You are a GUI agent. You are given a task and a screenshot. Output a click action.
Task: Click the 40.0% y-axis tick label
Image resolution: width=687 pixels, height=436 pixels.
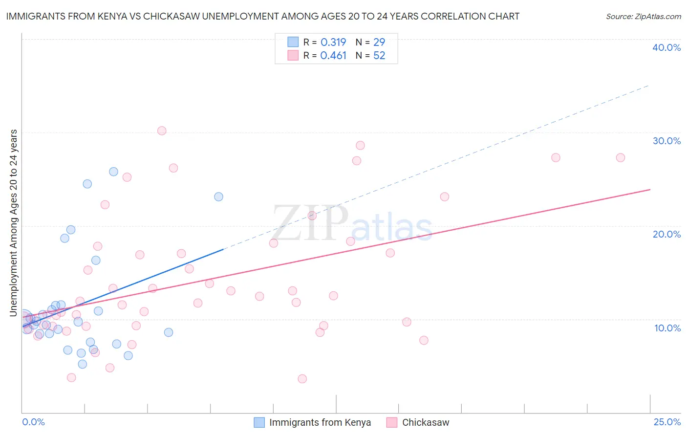(x=666, y=47)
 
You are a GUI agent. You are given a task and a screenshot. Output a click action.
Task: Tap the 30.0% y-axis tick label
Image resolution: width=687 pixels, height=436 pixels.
(x=666, y=141)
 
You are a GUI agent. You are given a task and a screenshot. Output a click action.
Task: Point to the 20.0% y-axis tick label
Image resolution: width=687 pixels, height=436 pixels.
(x=666, y=234)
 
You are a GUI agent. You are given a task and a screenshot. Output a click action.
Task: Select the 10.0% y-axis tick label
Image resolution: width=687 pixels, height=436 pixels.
(x=667, y=328)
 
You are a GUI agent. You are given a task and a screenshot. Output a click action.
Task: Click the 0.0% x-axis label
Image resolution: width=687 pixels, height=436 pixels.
(x=33, y=422)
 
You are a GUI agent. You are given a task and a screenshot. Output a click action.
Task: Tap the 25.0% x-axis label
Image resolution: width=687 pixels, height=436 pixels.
(x=667, y=422)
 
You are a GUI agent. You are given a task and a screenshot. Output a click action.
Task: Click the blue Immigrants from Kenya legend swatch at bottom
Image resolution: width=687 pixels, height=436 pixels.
(x=259, y=422)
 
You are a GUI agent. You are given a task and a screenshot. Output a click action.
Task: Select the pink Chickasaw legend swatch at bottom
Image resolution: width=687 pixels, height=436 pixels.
(x=392, y=422)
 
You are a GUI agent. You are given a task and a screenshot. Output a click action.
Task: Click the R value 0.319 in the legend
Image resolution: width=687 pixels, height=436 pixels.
(x=333, y=42)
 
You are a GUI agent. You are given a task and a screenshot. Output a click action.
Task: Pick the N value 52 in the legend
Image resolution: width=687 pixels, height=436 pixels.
(x=379, y=55)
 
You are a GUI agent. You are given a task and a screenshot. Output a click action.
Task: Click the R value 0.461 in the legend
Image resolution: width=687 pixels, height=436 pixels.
(x=333, y=55)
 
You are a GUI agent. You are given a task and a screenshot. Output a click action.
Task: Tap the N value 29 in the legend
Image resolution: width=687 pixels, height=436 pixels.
(x=379, y=42)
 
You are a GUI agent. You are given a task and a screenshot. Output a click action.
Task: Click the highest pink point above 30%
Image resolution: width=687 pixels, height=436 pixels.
(x=162, y=131)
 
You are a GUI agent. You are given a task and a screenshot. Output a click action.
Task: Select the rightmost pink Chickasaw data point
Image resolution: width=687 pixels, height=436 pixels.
(x=621, y=157)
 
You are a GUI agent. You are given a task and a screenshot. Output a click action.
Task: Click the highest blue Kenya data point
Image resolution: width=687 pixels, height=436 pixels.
(x=113, y=172)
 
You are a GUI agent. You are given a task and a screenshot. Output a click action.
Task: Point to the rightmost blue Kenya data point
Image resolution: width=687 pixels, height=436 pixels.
(x=218, y=196)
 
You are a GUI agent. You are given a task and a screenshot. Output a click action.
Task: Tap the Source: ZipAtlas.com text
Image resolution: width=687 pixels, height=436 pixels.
(x=643, y=16)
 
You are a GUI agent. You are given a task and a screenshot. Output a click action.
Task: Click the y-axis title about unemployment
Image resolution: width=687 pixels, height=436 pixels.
(x=14, y=222)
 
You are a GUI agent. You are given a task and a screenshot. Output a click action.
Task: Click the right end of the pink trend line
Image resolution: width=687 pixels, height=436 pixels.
(x=650, y=189)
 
